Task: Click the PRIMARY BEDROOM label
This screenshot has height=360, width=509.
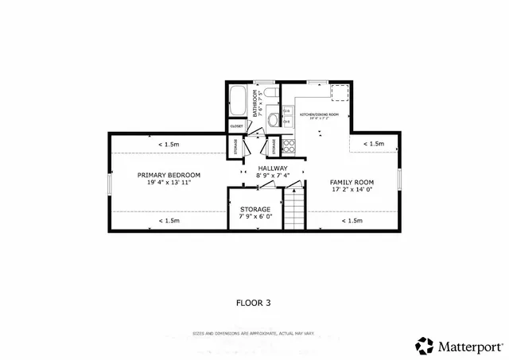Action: pyautogui.click(x=169, y=175)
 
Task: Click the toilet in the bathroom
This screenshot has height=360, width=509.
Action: pyautogui.click(x=270, y=97)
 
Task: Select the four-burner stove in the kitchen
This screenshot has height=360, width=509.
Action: pyautogui.click(x=290, y=145)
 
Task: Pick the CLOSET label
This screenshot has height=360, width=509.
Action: pyautogui.click(x=237, y=126)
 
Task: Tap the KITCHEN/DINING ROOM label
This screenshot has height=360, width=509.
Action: pyautogui.click(x=319, y=114)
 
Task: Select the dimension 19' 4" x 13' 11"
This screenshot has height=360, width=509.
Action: pyautogui.click(x=169, y=183)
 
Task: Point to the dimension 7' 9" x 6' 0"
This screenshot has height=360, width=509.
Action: pyautogui.click(x=255, y=216)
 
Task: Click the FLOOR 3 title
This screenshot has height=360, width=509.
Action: pyautogui.click(x=254, y=302)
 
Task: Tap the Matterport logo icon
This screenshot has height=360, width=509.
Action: pyautogui.click(x=424, y=346)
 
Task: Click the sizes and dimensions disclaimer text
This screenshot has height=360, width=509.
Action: pyautogui.click(x=254, y=333)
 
